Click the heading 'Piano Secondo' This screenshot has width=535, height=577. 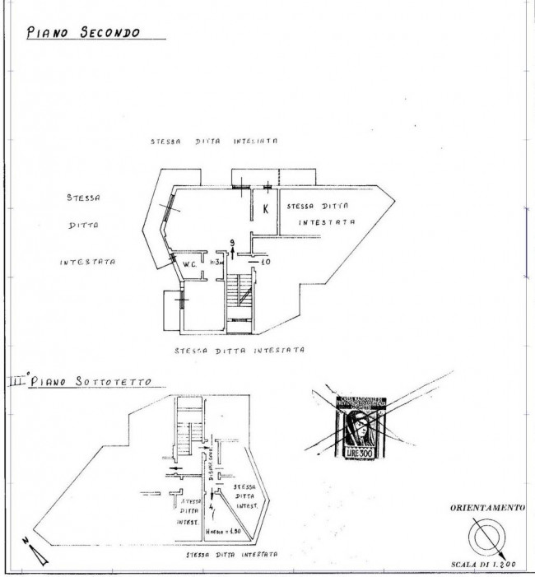pyautogui.click(x=82, y=34)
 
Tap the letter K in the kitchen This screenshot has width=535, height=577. pyautogui.click(x=265, y=209)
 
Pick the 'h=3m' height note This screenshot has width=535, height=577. pyautogui.click(x=217, y=263)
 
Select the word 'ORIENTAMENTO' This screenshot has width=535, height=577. pyautogui.click(x=485, y=509)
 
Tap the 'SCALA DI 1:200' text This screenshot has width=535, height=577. pyautogui.click(x=483, y=565)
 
